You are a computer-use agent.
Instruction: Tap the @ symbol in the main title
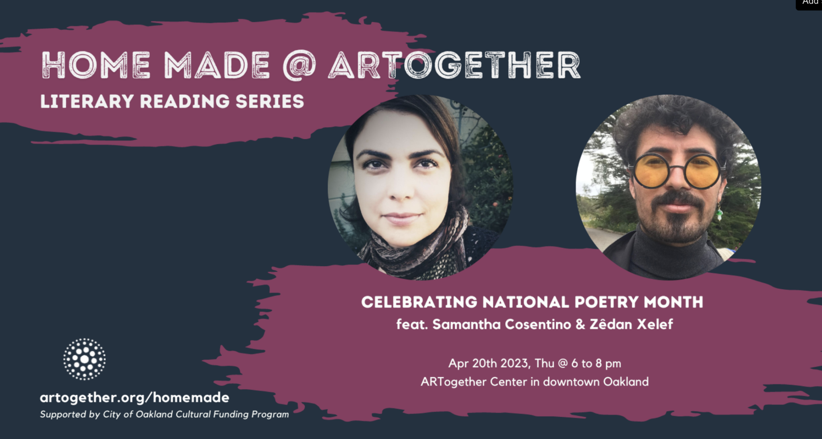299,65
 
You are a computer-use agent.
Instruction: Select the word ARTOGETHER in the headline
455,65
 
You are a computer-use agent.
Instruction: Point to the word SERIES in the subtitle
270,102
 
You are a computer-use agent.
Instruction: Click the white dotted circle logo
85,359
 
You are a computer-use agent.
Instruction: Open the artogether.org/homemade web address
134,398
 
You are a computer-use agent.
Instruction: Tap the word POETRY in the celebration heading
606,302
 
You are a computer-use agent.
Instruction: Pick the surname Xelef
655,324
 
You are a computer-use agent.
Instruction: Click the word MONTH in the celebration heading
673,302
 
